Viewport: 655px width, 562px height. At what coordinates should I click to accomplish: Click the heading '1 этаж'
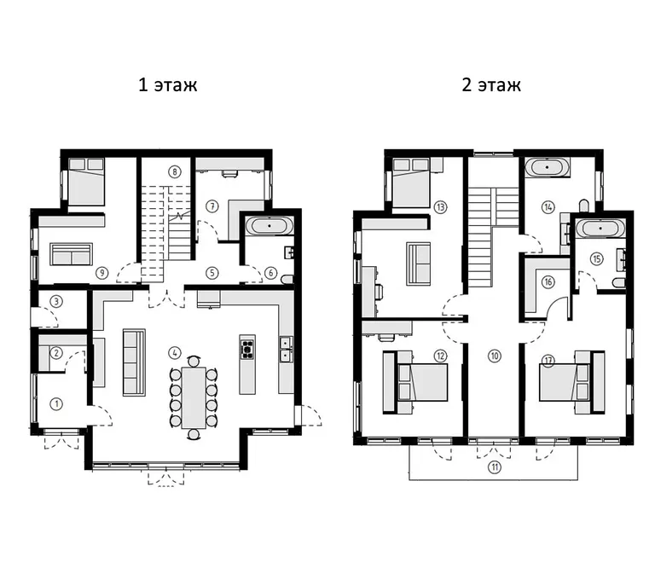(167, 84)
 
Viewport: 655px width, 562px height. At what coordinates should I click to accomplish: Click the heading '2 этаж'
(491, 84)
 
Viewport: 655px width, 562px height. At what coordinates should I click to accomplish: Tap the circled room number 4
(175, 353)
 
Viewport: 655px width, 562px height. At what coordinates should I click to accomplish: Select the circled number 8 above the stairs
(175, 171)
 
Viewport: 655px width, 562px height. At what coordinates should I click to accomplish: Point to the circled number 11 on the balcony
(495, 466)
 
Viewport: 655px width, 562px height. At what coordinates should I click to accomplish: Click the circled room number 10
(495, 356)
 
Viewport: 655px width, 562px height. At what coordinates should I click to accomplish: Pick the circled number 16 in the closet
(548, 282)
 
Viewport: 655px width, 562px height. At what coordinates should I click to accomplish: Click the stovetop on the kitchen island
(246, 350)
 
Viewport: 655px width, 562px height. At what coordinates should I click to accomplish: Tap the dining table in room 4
(194, 397)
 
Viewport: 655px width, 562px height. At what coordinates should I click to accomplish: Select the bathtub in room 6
(270, 226)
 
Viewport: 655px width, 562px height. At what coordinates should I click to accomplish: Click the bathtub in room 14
(547, 167)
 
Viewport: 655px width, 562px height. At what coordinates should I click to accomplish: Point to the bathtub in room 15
(600, 229)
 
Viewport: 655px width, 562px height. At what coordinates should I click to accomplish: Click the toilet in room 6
(287, 279)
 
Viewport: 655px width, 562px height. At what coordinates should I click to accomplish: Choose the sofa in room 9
(71, 254)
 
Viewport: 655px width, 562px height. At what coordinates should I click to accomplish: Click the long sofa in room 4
(134, 362)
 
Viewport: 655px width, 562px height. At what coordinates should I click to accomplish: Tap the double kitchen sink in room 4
(287, 350)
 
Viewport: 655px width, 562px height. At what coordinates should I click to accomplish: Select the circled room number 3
(56, 301)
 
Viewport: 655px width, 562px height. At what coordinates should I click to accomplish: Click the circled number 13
(440, 207)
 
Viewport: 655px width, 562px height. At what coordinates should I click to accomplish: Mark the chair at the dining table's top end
(194, 361)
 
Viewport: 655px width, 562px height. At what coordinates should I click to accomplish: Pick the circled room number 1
(56, 403)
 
